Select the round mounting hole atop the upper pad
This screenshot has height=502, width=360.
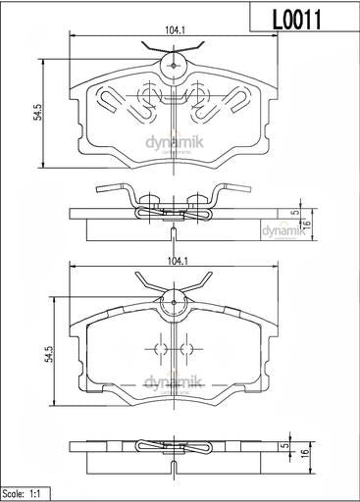click(174, 65)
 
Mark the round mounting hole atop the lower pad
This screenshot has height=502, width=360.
click(174, 299)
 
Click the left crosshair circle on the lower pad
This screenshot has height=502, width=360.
click(156, 349)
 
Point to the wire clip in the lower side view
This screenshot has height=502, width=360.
click(175, 449)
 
